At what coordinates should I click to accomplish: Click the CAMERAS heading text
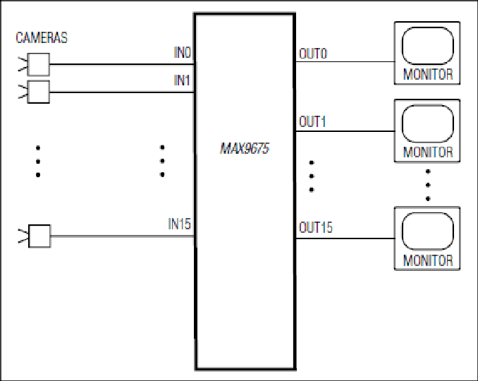[x=42, y=38]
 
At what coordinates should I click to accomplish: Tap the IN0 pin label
[x=183, y=52]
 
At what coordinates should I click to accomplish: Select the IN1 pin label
[x=182, y=80]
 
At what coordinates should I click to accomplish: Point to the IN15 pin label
[x=180, y=224]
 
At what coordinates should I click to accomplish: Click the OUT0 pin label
[x=313, y=54]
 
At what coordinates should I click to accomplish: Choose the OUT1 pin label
[x=312, y=122]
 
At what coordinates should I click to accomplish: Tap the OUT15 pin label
[x=316, y=228]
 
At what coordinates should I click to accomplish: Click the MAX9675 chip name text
[x=245, y=149]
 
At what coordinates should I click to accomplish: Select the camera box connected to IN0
[x=38, y=64]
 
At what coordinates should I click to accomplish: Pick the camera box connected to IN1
[x=38, y=92]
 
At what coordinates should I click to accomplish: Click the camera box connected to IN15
[x=39, y=236]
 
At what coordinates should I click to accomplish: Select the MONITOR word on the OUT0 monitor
[x=428, y=74]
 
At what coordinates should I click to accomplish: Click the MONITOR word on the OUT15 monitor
[x=428, y=260]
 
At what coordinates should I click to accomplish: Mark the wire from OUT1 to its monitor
[x=345, y=131]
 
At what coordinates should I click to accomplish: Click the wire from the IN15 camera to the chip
[x=122, y=236]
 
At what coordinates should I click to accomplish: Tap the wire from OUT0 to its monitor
[x=345, y=61]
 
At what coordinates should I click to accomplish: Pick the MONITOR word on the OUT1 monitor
[x=428, y=152]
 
